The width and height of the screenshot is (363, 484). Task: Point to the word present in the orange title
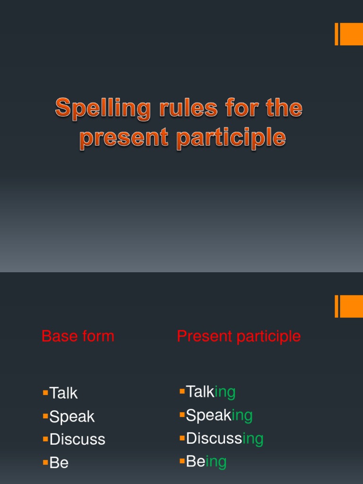[x=124, y=138]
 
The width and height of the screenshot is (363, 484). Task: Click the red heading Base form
[x=78, y=337]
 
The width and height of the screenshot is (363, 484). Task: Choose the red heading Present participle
[x=239, y=337]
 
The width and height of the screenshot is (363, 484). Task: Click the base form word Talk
[x=63, y=393]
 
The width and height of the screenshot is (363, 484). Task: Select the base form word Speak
[x=72, y=416]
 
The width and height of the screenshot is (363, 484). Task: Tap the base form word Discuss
[x=77, y=439]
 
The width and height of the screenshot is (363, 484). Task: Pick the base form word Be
[x=59, y=463]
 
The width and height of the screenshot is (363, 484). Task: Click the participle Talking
[x=210, y=392]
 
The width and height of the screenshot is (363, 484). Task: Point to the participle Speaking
[x=219, y=415]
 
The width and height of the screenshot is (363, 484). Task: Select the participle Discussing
[x=225, y=439]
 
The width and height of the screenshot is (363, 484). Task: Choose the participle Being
[x=206, y=462]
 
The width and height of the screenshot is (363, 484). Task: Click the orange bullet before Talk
[x=45, y=392]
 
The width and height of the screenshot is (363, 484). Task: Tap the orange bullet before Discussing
[x=182, y=438]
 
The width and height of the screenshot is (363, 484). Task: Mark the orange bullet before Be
[x=45, y=462]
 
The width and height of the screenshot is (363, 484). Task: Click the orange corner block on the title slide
[x=349, y=34]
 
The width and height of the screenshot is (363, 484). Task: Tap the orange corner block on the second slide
[x=349, y=306]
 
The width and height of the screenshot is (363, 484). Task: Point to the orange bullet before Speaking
[x=182, y=415]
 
